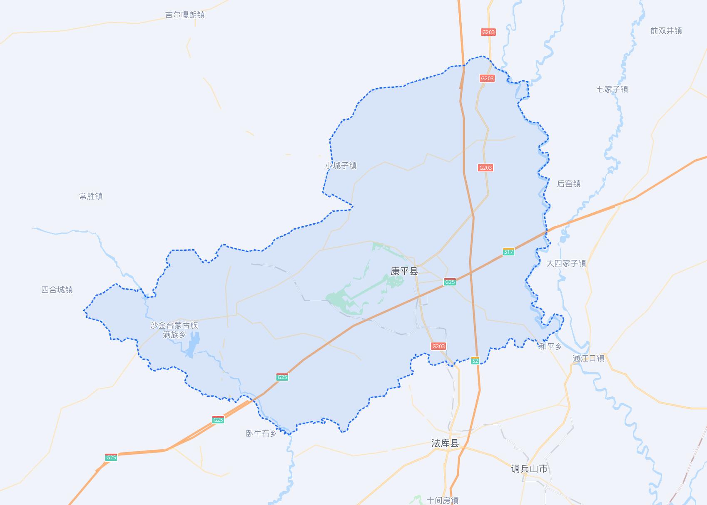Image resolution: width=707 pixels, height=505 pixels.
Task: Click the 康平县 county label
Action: (404, 271)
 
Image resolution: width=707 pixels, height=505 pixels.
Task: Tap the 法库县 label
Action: (445, 443)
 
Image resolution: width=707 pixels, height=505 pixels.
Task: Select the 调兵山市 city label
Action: (529, 469)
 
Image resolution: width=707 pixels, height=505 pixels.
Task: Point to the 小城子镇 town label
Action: (341, 166)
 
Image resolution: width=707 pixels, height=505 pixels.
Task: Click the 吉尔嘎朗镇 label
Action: (185, 15)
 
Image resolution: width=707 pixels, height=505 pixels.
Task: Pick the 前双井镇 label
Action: (666, 31)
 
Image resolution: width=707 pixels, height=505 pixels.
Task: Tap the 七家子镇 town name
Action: (612, 89)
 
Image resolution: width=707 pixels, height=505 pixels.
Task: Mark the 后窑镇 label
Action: (569, 184)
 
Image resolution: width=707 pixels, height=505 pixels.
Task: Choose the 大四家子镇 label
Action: (566, 263)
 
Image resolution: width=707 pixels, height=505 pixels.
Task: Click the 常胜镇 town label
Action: (91, 196)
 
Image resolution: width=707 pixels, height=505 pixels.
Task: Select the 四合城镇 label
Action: (57, 290)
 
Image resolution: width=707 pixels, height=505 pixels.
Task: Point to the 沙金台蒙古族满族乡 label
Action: (174, 330)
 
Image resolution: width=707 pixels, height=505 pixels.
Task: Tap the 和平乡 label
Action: (550, 347)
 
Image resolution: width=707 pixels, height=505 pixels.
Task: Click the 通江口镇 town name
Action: (588, 358)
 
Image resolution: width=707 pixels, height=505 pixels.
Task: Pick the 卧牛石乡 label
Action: (261, 433)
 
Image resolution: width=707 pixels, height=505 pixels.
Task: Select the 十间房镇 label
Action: (443, 500)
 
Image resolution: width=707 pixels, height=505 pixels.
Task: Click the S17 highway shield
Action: (508, 252)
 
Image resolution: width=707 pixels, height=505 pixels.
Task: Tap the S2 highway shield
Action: (475, 361)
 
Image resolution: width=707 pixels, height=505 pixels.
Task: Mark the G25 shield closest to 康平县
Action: (450, 282)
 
